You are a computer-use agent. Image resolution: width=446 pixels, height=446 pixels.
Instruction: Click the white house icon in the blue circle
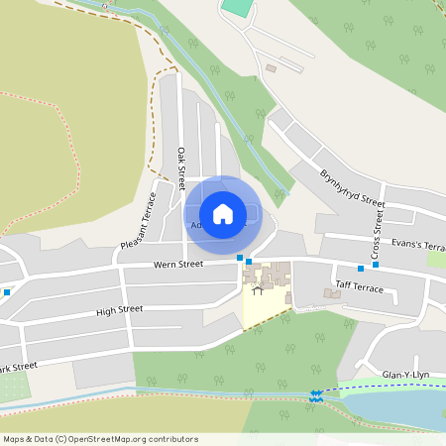pos(223,213)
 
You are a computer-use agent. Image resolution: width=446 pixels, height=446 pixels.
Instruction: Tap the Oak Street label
pos(181,168)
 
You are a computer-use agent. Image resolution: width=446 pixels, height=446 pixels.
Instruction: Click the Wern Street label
pos(178,265)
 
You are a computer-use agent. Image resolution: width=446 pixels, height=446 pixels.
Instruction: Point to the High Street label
pos(119,310)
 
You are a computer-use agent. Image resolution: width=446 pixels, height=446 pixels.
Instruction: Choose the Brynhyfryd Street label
pos(351,187)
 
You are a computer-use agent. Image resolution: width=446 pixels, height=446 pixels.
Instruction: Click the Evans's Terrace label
pos(417,243)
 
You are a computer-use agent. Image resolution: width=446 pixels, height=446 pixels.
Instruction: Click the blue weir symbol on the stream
pos(316,395)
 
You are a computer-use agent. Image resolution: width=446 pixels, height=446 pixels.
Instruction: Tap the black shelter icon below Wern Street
pos(258,290)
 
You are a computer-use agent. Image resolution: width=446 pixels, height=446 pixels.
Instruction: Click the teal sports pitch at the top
pos(237,7)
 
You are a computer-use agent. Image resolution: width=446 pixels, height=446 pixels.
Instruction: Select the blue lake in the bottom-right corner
pos(396,408)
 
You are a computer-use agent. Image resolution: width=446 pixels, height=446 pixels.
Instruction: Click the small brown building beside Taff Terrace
pos(332,293)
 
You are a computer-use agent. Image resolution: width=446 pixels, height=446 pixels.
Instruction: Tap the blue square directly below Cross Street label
pos(375,265)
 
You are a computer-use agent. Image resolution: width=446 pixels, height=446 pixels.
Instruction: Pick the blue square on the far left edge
pos(6,291)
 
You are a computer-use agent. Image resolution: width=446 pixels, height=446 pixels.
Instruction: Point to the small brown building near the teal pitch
pos(271,68)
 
